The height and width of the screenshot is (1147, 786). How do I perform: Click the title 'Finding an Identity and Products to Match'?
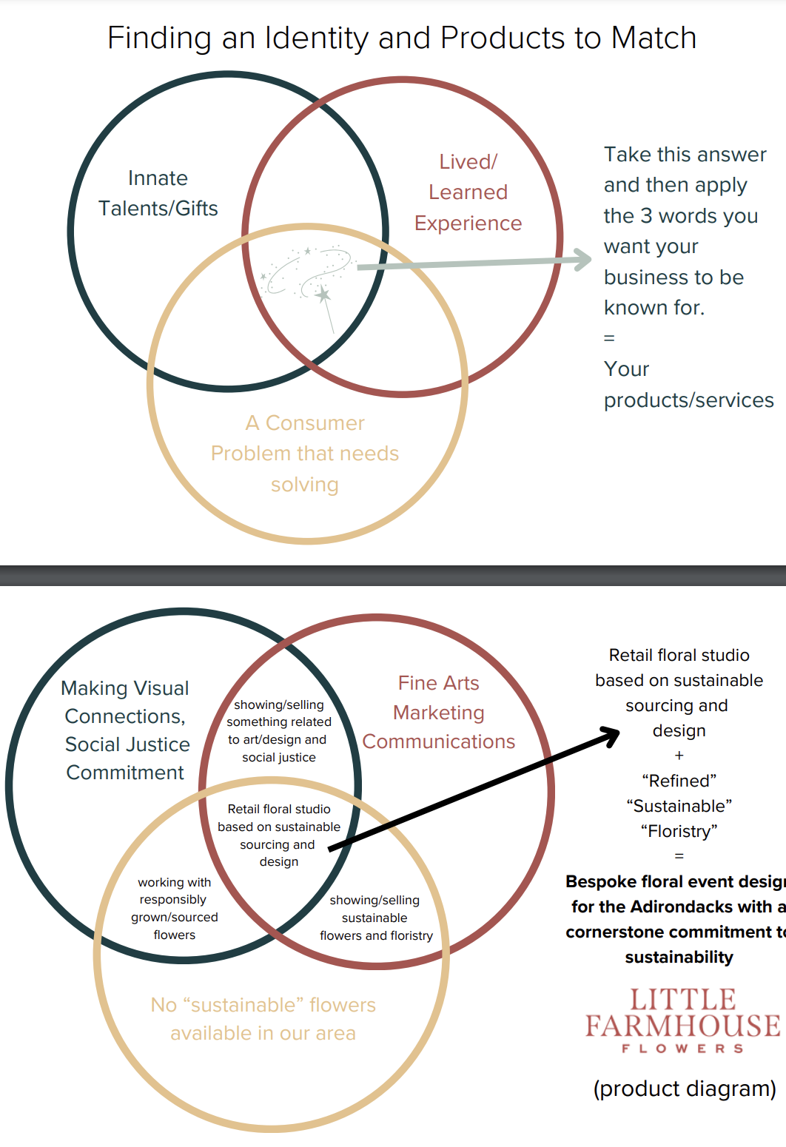(x=402, y=38)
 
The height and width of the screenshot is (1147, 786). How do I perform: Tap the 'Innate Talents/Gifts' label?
(x=158, y=193)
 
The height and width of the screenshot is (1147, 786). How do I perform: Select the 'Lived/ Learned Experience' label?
(x=468, y=192)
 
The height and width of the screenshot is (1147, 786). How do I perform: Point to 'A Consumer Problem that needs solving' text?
(x=305, y=454)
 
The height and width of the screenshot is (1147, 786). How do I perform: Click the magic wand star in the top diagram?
(x=323, y=295)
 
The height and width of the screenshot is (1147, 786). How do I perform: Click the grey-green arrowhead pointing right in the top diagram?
(x=582, y=259)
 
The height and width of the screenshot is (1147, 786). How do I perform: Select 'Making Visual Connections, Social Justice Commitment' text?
(x=126, y=730)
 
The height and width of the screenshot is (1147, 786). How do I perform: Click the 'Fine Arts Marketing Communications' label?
(x=439, y=712)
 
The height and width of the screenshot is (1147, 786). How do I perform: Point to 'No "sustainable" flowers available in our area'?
(x=263, y=1019)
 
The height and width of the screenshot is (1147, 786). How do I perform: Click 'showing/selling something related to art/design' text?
(x=279, y=730)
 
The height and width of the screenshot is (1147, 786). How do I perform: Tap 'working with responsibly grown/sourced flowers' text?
(x=175, y=908)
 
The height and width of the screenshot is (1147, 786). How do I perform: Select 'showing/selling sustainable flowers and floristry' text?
(x=375, y=918)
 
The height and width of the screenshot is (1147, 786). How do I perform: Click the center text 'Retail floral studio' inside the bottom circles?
(x=279, y=810)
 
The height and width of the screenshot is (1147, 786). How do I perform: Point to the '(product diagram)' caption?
(x=685, y=1089)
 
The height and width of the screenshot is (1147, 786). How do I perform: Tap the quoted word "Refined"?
(x=679, y=781)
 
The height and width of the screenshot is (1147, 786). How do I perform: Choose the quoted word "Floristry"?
(x=679, y=831)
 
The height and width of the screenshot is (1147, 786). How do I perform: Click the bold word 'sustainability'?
(x=679, y=957)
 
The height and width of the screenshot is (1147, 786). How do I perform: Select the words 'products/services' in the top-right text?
(x=688, y=400)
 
